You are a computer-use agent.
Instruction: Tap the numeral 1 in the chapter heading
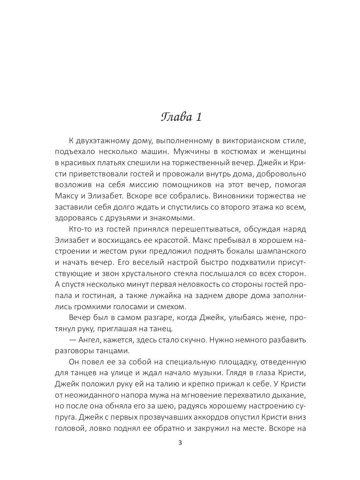tap(199, 118)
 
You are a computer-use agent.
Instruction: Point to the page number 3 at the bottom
tap(180, 443)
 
